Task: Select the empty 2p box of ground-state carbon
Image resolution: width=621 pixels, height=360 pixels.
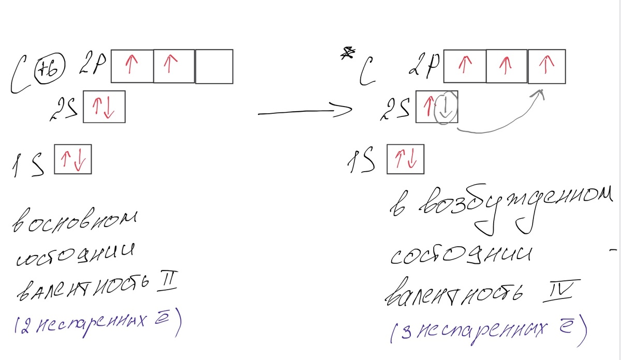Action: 214,66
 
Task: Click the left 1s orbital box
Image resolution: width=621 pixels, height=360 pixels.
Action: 73,159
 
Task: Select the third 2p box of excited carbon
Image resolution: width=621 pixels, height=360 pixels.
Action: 546,66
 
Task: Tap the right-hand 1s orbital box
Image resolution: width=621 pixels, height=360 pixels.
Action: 405,159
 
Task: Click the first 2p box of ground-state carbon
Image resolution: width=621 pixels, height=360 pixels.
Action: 132,66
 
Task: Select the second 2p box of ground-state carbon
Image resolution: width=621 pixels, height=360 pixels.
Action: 174,66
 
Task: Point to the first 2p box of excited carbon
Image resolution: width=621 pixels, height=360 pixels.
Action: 465,66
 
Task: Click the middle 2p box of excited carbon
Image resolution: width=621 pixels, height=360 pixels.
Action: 507,66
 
